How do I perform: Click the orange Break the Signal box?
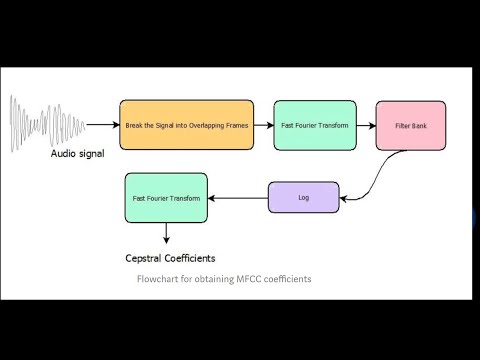(x=187, y=125)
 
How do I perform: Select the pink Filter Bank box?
(x=411, y=126)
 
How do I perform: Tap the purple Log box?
(x=304, y=197)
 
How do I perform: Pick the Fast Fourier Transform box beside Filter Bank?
(x=315, y=125)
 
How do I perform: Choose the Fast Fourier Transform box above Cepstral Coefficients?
(x=166, y=198)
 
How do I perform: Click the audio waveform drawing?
(x=47, y=124)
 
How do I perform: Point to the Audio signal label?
(x=77, y=154)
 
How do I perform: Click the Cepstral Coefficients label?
(x=170, y=258)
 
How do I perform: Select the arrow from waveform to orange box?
(x=103, y=125)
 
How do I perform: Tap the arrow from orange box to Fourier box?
(x=264, y=125)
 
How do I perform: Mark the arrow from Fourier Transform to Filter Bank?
(x=366, y=126)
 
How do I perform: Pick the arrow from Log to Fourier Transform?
(x=238, y=198)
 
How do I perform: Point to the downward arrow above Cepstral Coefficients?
(x=166, y=233)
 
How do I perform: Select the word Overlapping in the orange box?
(x=206, y=126)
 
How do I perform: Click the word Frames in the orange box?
(x=237, y=126)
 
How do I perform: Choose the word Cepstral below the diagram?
(x=144, y=258)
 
